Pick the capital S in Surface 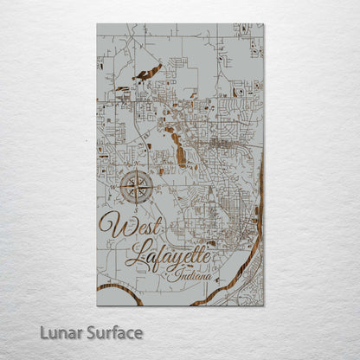pyautogui.click(x=90, y=333)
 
